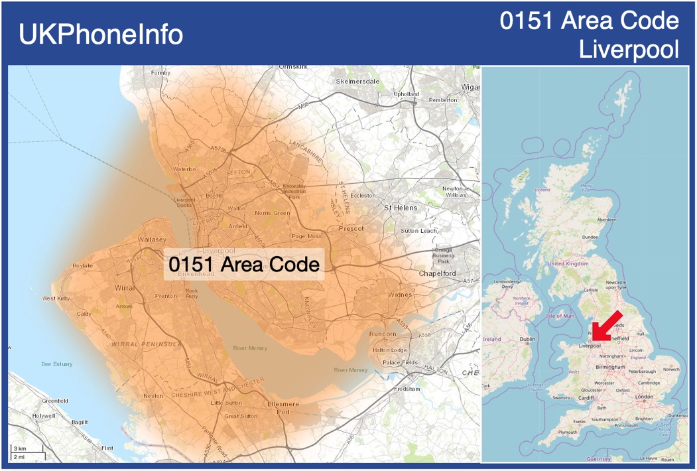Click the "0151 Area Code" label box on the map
coord(243,264)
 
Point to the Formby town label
coord(160,73)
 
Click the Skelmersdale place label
coord(357,82)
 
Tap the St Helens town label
coord(401,208)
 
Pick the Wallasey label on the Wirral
coord(153,239)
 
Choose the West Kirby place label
coord(56,299)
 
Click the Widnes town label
coord(400,295)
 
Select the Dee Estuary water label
coord(56,364)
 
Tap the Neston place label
coord(153,396)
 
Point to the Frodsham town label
coord(406,389)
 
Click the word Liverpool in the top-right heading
coord(629,50)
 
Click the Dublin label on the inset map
coord(527,339)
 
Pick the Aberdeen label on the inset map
coord(606,220)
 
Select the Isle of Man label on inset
coord(560,316)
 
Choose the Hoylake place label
coord(82,265)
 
